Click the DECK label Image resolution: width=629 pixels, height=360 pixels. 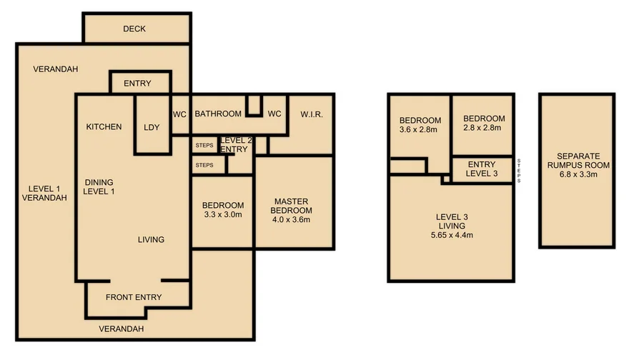pos(134,29)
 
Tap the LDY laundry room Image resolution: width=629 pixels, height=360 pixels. pos(152,127)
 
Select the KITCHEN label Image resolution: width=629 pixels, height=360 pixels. pos(104,127)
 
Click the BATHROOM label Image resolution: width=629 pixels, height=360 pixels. pos(218,114)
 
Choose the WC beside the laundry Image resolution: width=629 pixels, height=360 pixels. pos(179,114)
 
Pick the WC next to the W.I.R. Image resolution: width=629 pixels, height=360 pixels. pos(274,114)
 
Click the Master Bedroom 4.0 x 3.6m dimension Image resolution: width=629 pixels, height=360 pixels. pos(291,220)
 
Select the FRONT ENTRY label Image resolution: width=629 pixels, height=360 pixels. pos(134,297)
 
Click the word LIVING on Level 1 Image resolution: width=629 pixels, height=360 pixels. pos(151,239)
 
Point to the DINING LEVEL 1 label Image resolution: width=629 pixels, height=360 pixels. pos(99,186)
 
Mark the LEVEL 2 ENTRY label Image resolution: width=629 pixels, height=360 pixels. pos(235,145)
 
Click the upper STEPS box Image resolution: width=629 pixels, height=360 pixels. pos(204,145)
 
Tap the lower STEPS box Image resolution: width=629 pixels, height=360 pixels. pos(204,166)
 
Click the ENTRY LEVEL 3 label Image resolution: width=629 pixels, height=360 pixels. pos(481,169)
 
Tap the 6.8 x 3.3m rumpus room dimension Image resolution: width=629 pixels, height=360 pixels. pos(576,174)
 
